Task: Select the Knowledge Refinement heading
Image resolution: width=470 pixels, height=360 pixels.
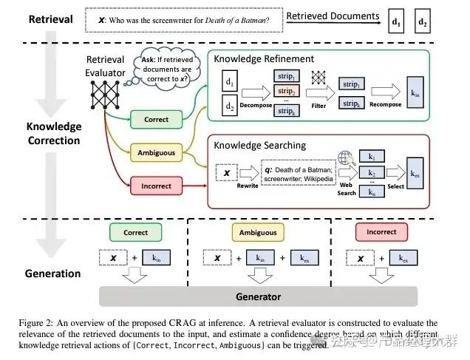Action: (264, 58)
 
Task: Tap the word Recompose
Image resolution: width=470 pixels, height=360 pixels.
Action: (386, 105)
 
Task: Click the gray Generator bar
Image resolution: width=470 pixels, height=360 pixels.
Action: (257, 296)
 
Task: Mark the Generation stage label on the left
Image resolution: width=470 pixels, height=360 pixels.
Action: (52, 273)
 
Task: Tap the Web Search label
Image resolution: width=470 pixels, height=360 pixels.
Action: (347, 188)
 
